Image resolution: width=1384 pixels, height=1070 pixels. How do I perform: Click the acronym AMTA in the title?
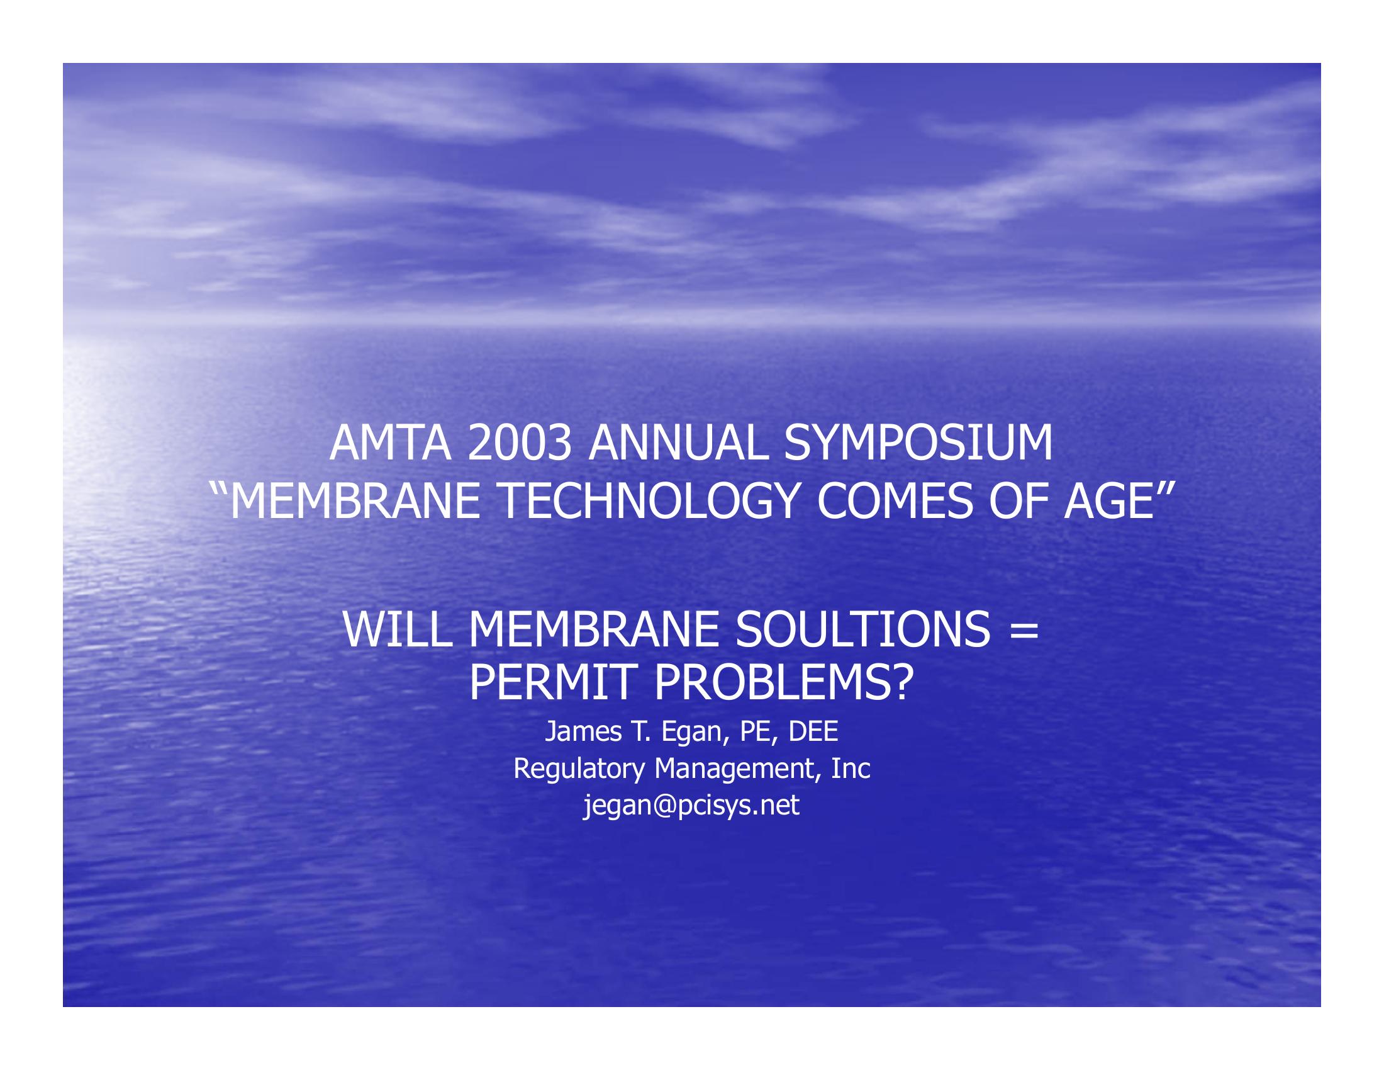click(x=391, y=444)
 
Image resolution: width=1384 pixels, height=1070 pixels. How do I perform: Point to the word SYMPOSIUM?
click(x=918, y=444)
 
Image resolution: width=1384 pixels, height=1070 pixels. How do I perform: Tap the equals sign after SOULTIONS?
click(x=1025, y=631)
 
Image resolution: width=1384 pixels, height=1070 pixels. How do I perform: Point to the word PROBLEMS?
click(x=783, y=683)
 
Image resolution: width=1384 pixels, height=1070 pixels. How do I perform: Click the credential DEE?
click(x=812, y=731)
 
